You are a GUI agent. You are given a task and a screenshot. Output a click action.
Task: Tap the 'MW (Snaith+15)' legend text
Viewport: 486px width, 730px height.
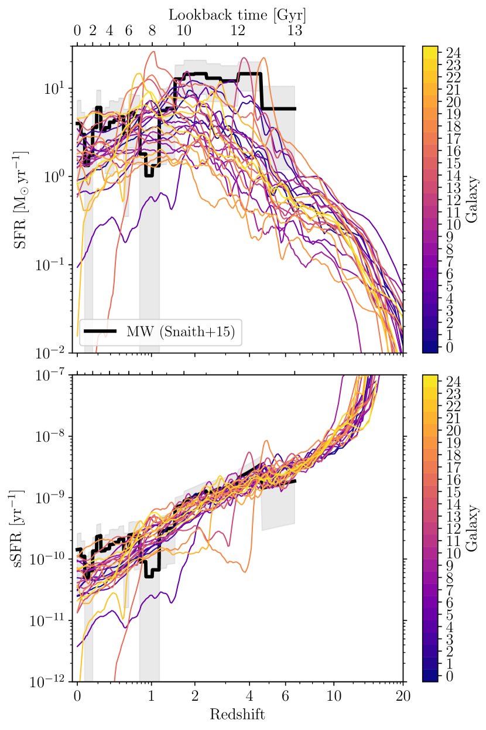[181, 332]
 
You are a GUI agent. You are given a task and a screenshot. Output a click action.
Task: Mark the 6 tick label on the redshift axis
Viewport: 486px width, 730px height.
[286, 697]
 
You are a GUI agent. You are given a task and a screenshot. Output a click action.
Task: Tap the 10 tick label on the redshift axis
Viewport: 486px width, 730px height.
[334, 697]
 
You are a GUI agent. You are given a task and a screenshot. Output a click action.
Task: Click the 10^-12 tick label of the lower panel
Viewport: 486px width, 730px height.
[52, 682]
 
